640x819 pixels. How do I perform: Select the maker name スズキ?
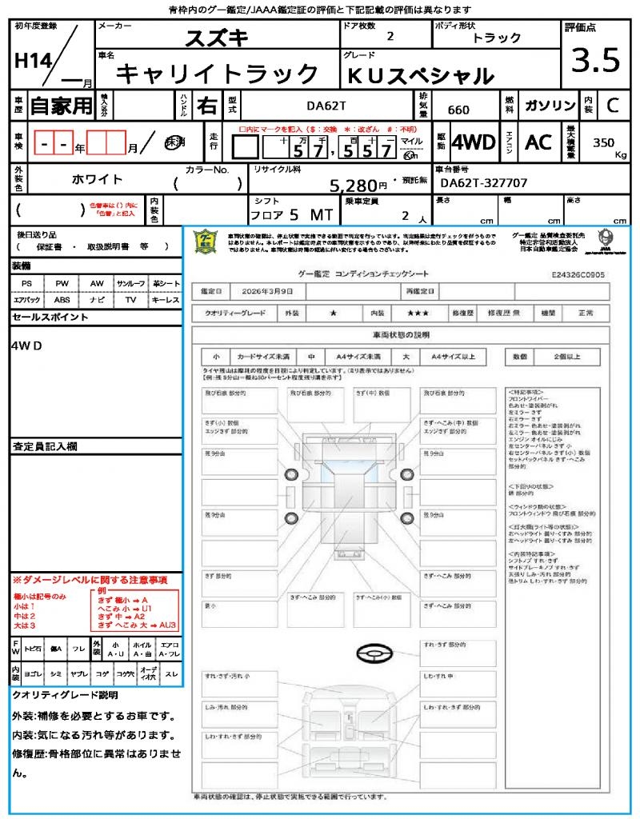pyautogui.click(x=217, y=38)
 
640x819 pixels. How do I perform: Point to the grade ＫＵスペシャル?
pyautogui.click(x=419, y=76)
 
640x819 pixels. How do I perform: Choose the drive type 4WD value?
pyautogui.click(x=474, y=142)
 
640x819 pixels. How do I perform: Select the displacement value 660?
pyautogui.click(x=458, y=110)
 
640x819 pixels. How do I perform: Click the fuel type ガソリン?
pyautogui.click(x=549, y=106)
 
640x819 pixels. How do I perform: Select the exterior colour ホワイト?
pyautogui.click(x=98, y=179)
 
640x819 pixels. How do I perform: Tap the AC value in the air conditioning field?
pyautogui.click(x=538, y=142)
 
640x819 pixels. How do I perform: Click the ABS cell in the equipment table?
pyautogui.click(x=62, y=300)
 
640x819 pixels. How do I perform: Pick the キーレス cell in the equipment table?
pyautogui.click(x=166, y=300)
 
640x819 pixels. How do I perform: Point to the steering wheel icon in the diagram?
pyautogui.click(x=374, y=654)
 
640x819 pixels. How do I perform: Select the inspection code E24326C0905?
pyautogui.click(x=578, y=274)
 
